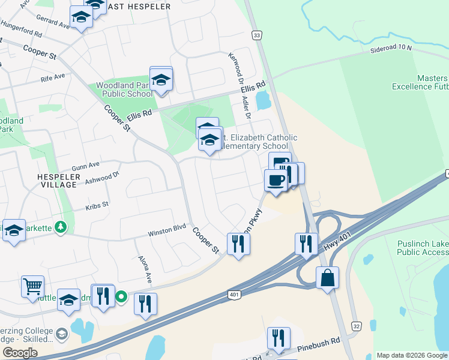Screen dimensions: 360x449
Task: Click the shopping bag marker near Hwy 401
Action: [327, 278]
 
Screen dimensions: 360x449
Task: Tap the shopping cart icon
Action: [32, 286]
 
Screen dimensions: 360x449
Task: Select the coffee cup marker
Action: [276, 180]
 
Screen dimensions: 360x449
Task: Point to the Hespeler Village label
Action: [57, 181]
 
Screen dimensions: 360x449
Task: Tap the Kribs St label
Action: [97, 205]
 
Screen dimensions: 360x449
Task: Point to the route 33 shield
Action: [258, 36]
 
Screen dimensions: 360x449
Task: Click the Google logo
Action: [20, 352]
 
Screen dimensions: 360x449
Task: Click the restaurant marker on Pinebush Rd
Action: [279, 338]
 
